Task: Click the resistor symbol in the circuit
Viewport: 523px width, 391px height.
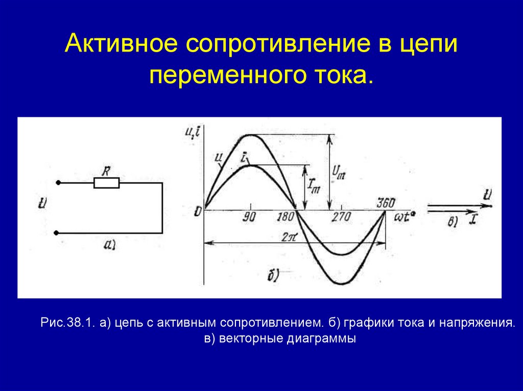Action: point(107,183)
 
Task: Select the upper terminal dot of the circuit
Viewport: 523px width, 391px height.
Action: point(58,183)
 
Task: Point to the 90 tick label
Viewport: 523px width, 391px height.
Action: point(250,217)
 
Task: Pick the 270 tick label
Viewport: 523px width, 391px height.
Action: point(341,217)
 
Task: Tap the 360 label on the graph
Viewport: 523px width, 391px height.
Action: point(386,202)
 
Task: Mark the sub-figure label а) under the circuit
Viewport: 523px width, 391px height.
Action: point(110,246)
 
